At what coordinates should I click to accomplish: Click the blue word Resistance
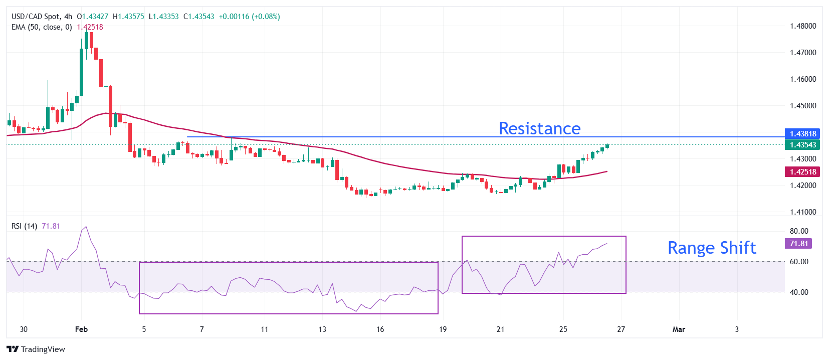pyautogui.click(x=539, y=128)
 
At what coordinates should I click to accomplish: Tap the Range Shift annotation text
pyautogui.click(x=711, y=248)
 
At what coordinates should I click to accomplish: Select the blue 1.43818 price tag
pyautogui.click(x=802, y=134)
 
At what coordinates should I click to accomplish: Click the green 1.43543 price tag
pyautogui.click(x=802, y=145)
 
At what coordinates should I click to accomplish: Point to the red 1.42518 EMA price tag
pyautogui.click(x=802, y=172)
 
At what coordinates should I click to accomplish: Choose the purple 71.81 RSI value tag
pyautogui.click(x=798, y=244)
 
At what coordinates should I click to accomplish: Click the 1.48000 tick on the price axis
pyautogui.click(x=803, y=26)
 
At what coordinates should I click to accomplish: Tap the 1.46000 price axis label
pyautogui.click(x=803, y=79)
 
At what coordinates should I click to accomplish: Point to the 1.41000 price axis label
pyautogui.click(x=803, y=212)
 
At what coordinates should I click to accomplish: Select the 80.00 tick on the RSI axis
pyautogui.click(x=799, y=231)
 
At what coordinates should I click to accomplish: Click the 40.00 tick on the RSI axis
pyautogui.click(x=799, y=292)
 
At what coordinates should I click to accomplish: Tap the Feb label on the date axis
pyautogui.click(x=81, y=329)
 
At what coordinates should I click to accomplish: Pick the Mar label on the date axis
pyautogui.click(x=679, y=329)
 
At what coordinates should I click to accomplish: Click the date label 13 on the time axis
pyautogui.click(x=322, y=329)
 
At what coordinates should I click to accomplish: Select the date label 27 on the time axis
pyautogui.click(x=621, y=329)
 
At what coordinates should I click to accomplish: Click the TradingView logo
pyautogui.click(x=36, y=349)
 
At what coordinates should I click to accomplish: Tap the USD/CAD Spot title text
pyautogui.click(x=35, y=17)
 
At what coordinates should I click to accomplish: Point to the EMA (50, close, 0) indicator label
pyautogui.click(x=42, y=27)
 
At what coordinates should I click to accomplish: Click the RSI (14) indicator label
pyautogui.click(x=24, y=226)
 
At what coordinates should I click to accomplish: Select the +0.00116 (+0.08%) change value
pyautogui.click(x=249, y=17)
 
